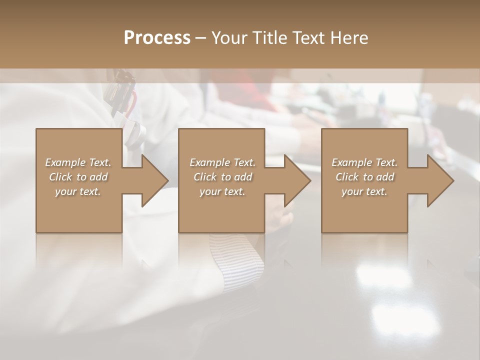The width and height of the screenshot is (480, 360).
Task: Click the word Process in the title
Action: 157,38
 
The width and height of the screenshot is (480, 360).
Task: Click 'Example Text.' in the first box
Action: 78,162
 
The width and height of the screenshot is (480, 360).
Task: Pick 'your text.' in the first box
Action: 78,191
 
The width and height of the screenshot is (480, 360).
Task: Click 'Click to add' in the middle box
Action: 222,177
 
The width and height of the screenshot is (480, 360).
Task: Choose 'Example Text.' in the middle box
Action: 222,162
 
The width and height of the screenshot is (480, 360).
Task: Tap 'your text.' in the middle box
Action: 222,191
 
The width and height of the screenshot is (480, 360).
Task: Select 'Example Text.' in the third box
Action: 364,162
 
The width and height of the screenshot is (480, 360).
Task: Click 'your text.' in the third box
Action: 364,191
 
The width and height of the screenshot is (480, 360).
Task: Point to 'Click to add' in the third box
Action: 364,177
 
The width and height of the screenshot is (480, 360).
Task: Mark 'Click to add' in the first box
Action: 78,177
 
